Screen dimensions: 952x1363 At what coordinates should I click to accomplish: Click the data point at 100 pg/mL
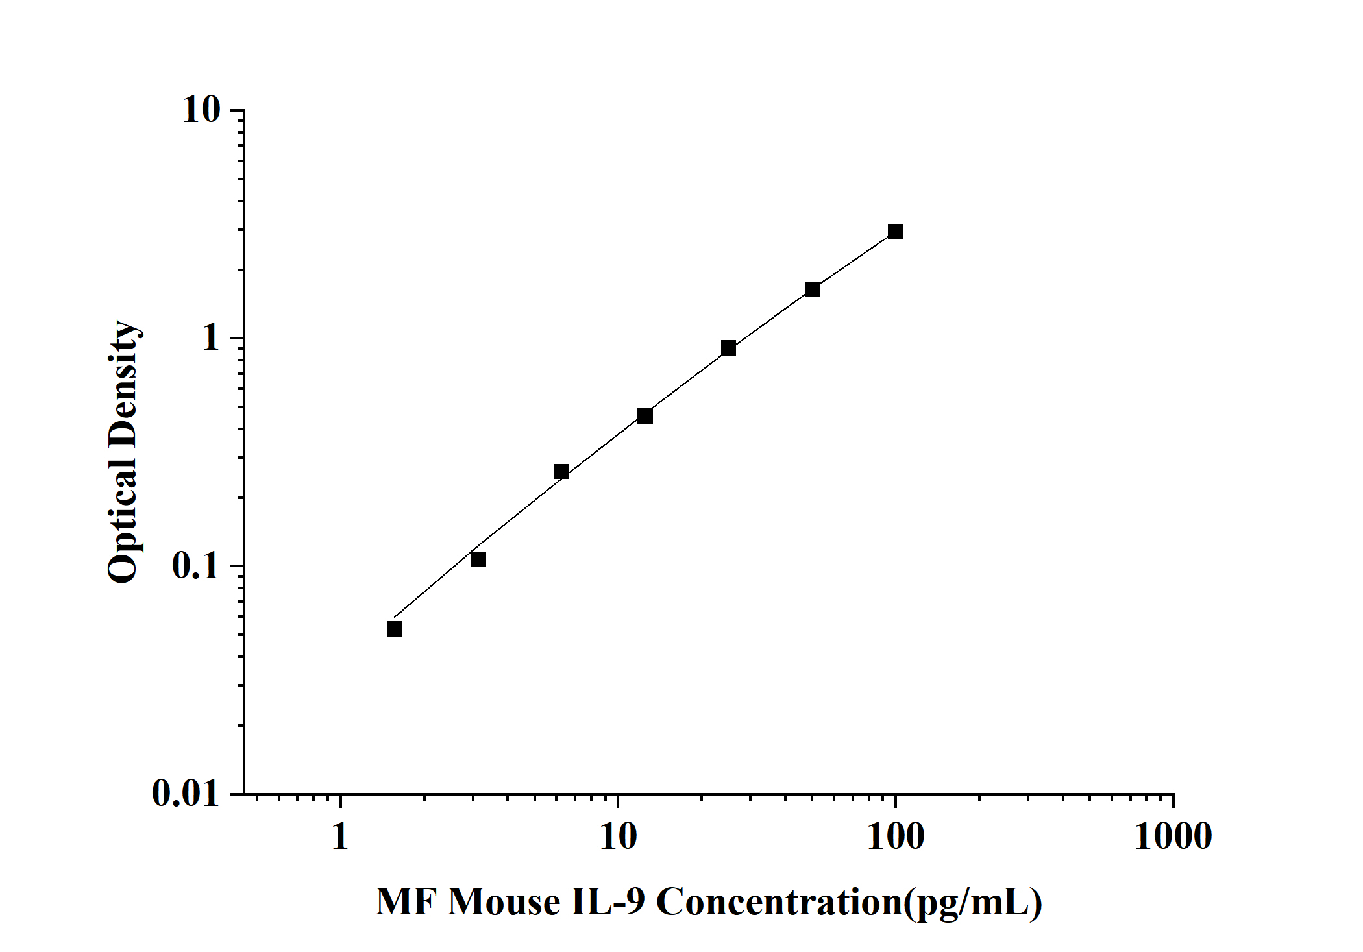(x=896, y=232)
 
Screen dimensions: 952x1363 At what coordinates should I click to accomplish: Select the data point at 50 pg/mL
(x=812, y=289)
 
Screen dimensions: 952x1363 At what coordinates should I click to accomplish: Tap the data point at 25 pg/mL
(x=728, y=348)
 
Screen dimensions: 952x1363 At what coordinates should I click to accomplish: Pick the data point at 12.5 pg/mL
(x=645, y=416)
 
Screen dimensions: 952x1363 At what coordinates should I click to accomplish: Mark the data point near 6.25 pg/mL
(x=561, y=472)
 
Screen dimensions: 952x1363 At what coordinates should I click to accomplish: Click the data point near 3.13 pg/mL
(x=478, y=559)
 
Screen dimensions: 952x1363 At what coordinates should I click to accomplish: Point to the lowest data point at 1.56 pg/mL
(x=394, y=629)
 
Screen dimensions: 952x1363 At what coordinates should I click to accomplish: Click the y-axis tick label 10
(x=202, y=110)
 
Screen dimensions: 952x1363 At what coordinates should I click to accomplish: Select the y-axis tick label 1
(x=212, y=338)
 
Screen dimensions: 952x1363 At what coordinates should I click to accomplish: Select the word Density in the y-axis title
(x=123, y=383)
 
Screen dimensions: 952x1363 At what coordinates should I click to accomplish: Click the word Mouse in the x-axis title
(x=504, y=901)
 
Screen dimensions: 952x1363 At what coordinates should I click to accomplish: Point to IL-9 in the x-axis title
(x=608, y=901)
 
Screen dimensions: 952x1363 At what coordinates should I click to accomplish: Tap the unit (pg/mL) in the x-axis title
(x=973, y=903)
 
